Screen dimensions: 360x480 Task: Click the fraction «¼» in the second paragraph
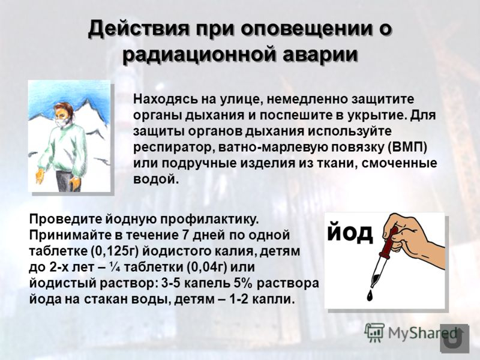pyautogui.click(x=125, y=266)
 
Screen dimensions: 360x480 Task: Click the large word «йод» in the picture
pyautogui.click(x=350, y=232)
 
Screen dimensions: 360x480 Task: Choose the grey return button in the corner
pyautogui.click(x=454, y=339)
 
